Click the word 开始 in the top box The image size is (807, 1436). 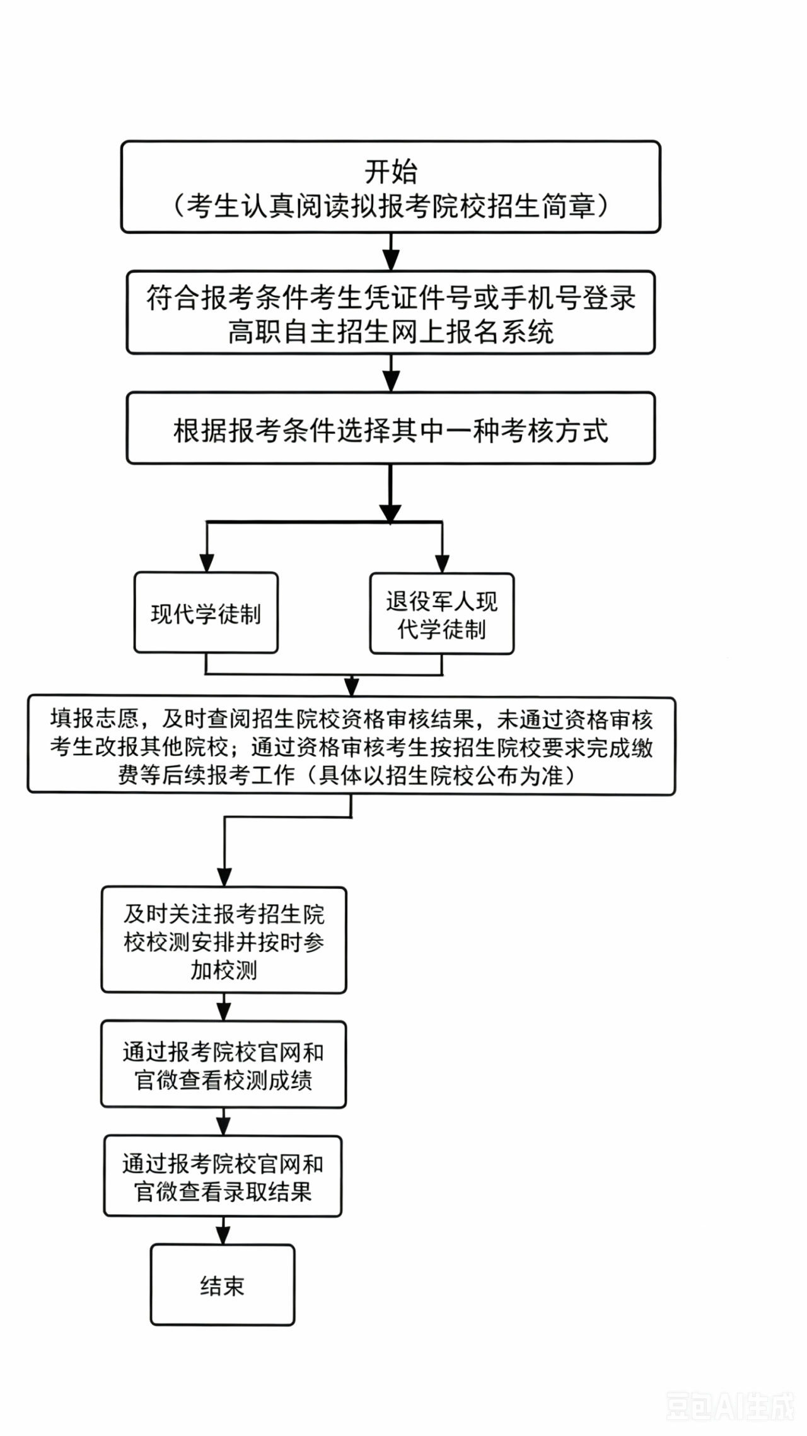391,171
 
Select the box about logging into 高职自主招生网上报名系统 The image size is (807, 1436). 391,313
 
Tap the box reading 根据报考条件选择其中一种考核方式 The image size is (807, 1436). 391,428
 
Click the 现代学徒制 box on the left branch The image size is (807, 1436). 206,613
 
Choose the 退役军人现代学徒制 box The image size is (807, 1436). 442,613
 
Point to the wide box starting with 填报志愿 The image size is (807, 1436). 351,746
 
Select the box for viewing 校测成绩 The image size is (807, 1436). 224,1065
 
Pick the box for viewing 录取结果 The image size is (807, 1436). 223,1176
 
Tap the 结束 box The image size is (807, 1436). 223,1285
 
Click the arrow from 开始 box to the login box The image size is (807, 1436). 391,252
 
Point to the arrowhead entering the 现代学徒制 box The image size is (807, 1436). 207,563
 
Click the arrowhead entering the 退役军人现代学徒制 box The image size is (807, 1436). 443,564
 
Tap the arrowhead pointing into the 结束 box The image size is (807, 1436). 223,1235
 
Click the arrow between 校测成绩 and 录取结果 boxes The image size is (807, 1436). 223,1122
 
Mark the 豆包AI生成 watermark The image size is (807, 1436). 730,1406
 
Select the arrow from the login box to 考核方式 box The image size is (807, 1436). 391,373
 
